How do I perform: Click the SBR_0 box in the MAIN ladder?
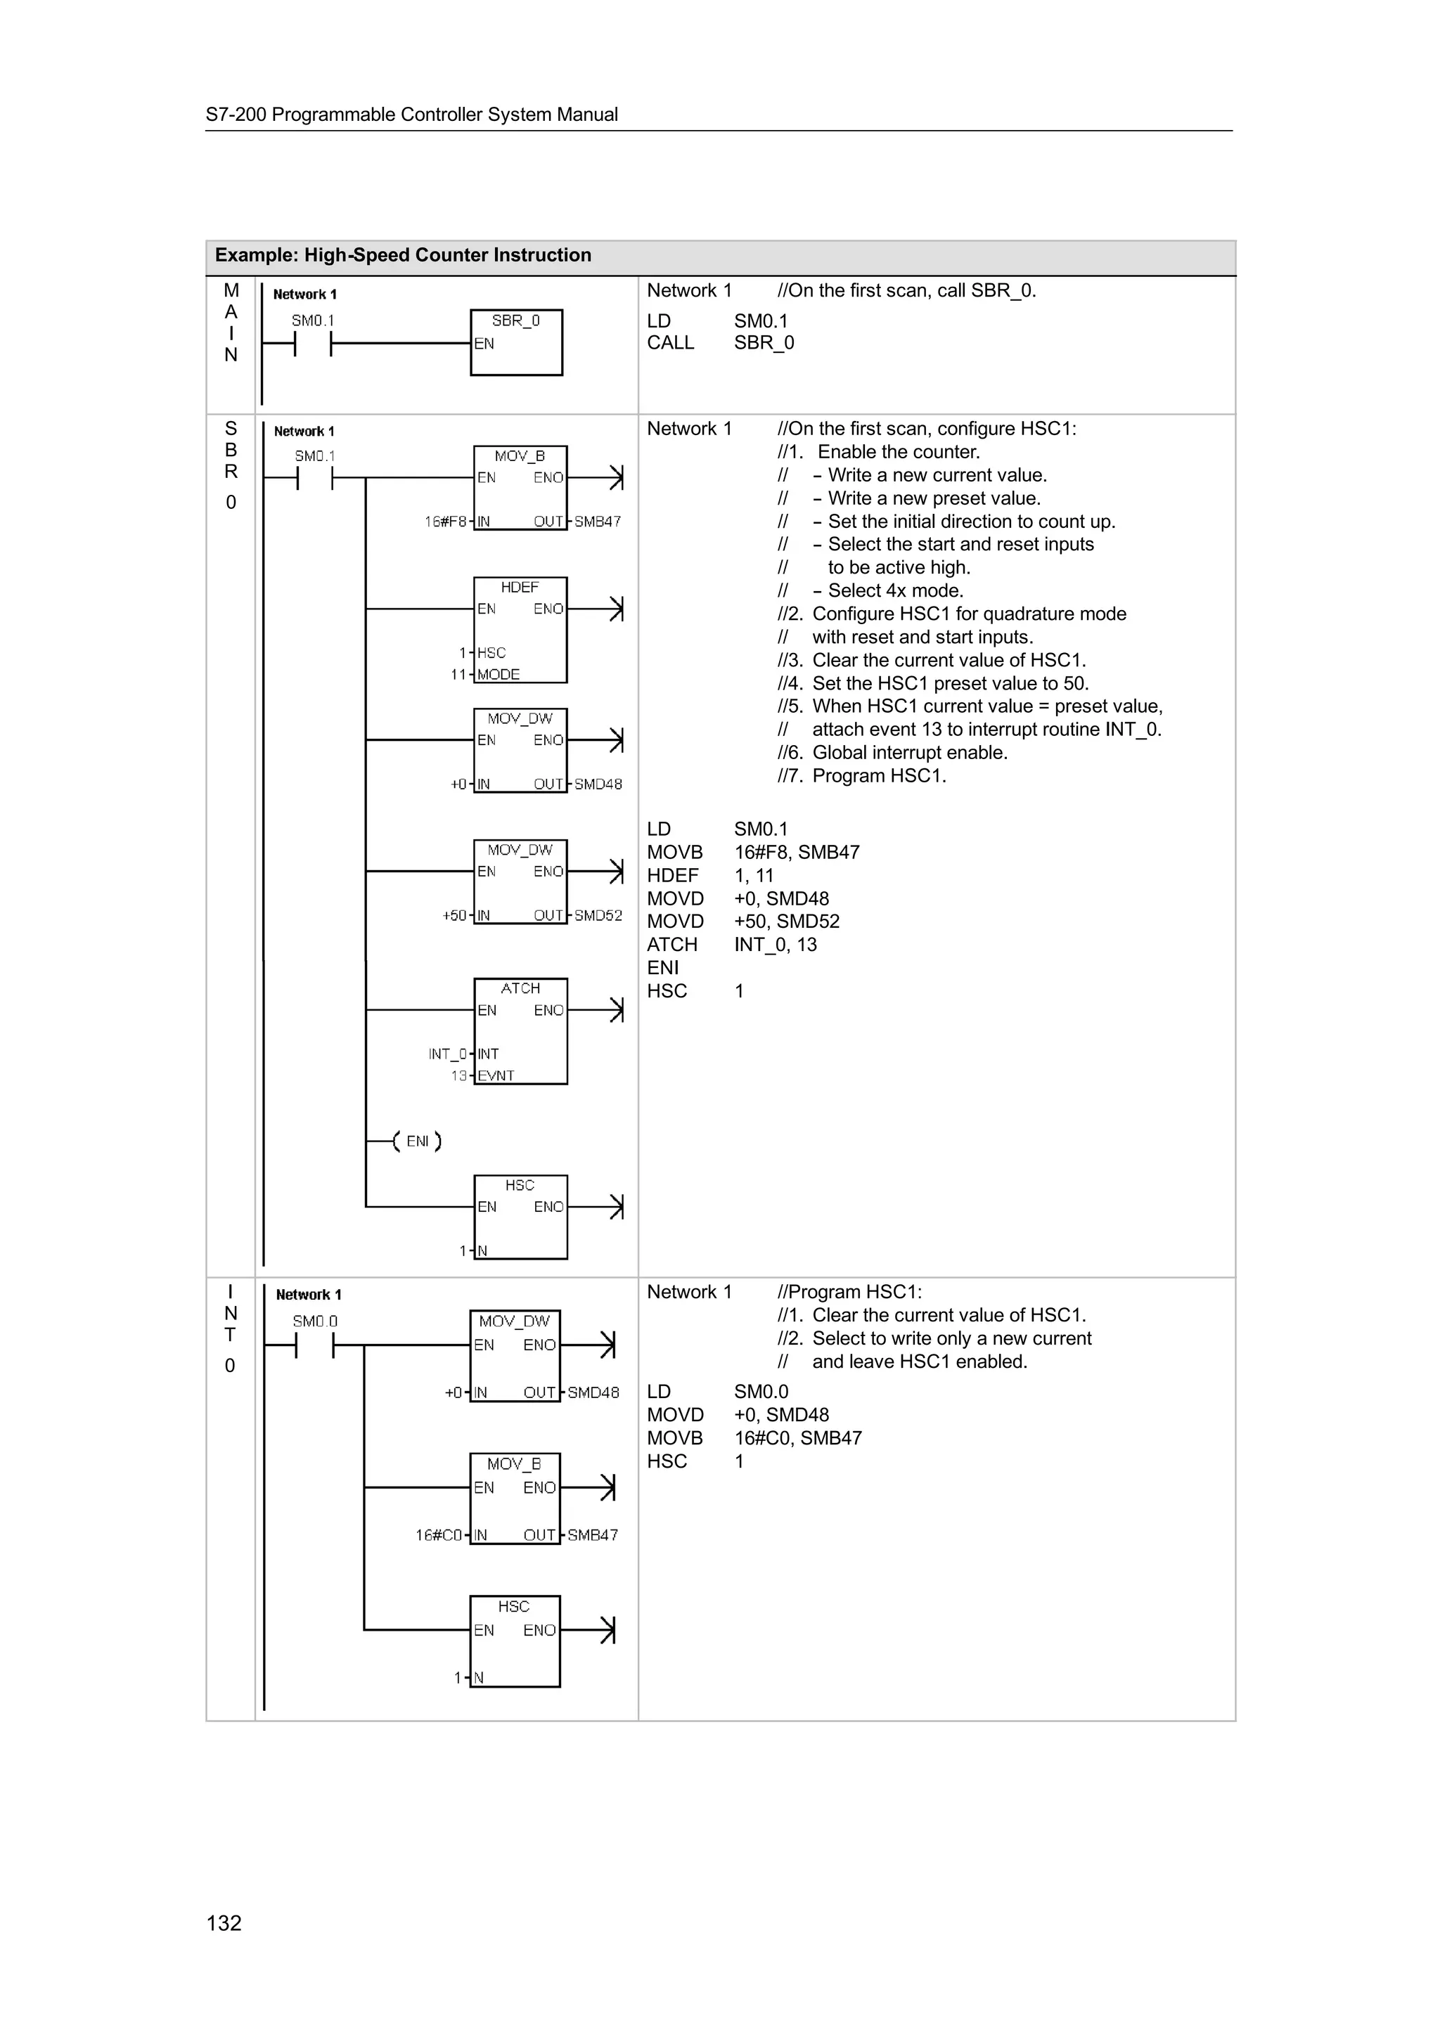(x=515, y=342)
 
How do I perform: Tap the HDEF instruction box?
(x=520, y=630)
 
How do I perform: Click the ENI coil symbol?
(x=417, y=1141)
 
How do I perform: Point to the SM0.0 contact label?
(x=315, y=1321)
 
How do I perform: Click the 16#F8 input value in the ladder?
(x=445, y=522)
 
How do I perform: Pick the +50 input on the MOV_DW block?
(x=454, y=916)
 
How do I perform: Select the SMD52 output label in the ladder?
(x=598, y=916)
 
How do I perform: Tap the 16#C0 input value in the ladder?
(x=438, y=1535)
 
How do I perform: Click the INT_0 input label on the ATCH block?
(x=447, y=1054)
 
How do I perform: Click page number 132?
(x=224, y=1922)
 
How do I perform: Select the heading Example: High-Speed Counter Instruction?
(x=403, y=256)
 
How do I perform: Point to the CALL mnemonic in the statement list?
(x=670, y=342)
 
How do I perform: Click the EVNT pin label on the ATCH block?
(x=496, y=1075)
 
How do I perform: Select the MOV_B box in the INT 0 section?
(x=514, y=1499)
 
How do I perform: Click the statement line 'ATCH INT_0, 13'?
(x=731, y=945)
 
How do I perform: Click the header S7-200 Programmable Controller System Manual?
(x=412, y=115)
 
